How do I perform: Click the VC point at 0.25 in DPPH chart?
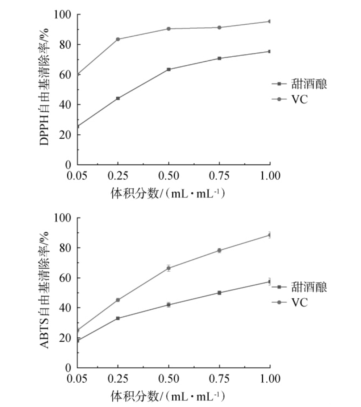pyautogui.click(x=118, y=39)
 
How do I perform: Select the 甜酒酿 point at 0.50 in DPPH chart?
pyautogui.click(x=169, y=69)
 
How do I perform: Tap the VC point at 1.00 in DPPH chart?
pyautogui.click(x=270, y=21)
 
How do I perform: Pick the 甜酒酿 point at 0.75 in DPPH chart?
pyautogui.click(x=219, y=58)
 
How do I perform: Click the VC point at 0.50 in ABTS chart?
pyautogui.click(x=169, y=268)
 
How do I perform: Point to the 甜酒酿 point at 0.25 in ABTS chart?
pyautogui.click(x=118, y=318)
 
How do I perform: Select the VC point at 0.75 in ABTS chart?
pyautogui.click(x=219, y=250)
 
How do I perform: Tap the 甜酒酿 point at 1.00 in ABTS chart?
pyautogui.click(x=270, y=281)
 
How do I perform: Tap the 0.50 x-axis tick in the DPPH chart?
pyautogui.click(x=169, y=176)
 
